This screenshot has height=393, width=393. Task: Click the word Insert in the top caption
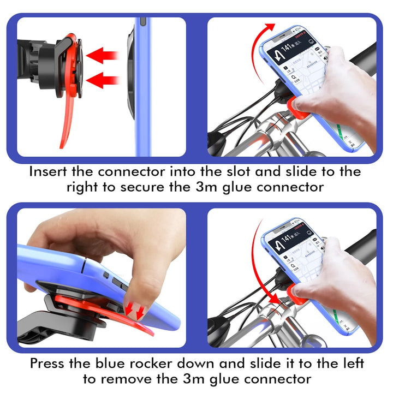49,171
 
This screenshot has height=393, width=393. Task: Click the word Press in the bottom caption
49,362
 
